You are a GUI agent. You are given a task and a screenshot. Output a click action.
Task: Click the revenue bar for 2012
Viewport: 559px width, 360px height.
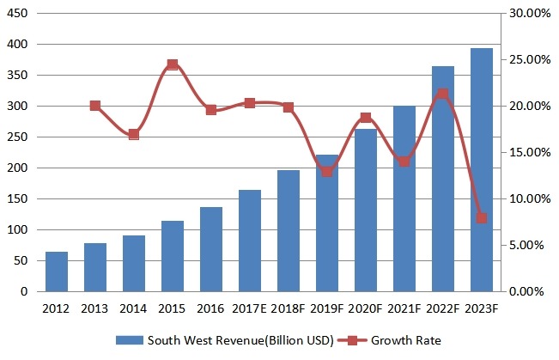click(x=56, y=272)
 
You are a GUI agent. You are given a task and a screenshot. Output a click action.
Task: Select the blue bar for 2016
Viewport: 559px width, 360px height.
click(x=210, y=249)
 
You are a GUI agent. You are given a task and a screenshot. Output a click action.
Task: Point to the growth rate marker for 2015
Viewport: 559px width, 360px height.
click(x=172, y=64)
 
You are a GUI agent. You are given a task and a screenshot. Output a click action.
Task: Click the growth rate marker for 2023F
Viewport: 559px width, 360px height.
click(x=482, y=218)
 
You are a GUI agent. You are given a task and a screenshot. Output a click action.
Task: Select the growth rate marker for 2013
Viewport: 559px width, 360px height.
click(x=94, y=106)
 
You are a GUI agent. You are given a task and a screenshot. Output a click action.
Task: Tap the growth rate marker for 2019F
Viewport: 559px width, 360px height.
click(x=326, y=171)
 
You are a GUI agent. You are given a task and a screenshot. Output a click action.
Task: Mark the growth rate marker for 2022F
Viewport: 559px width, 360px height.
click(x=442, y=95)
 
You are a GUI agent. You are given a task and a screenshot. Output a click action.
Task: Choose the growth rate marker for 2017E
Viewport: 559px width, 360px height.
click(x=249, y=103)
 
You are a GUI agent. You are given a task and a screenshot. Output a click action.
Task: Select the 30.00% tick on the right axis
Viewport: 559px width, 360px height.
click(x=525, y=14)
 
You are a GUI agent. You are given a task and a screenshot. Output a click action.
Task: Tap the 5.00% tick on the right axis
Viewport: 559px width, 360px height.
click(x=527, y=246)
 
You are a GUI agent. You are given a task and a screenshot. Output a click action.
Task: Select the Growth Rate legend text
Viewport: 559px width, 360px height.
click(x=406, y=341)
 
